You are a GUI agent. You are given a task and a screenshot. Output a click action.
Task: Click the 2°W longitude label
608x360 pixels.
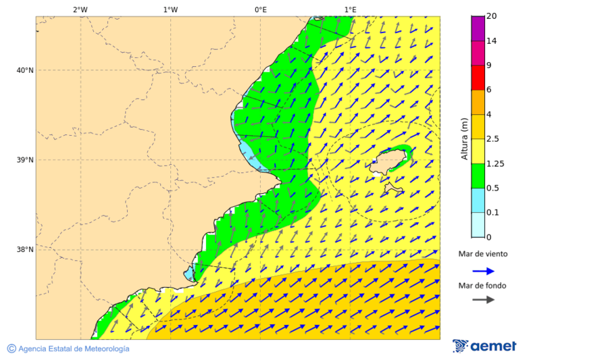[80, 9]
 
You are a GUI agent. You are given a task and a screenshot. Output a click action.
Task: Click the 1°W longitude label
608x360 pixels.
[170, 9]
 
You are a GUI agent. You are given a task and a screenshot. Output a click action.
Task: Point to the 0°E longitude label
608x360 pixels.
[260, 9]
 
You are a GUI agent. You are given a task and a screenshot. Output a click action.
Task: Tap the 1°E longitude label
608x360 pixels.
[350, 9]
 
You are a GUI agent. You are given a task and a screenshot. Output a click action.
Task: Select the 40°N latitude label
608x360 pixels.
[24, 70]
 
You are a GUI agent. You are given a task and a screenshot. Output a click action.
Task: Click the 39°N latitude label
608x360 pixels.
[24, 160]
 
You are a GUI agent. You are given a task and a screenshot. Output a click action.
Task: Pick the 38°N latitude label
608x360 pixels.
[24, 249]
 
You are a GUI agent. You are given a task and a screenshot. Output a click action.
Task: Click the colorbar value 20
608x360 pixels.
[492, 16]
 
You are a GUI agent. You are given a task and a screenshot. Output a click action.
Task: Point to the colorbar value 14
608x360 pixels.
[492, 41]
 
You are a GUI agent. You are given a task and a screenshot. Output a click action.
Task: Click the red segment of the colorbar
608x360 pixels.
[478, 78]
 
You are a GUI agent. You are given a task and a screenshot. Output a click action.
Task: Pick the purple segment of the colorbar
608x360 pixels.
[478, 28]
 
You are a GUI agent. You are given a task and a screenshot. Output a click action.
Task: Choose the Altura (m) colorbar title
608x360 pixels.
[464, 139]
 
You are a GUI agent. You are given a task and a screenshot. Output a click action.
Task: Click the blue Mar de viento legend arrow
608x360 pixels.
[483, 271]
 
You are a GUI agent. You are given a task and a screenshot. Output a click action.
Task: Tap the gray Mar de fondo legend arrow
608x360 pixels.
[483, 300]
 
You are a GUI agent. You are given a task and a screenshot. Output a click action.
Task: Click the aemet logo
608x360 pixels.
[484, 346]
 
